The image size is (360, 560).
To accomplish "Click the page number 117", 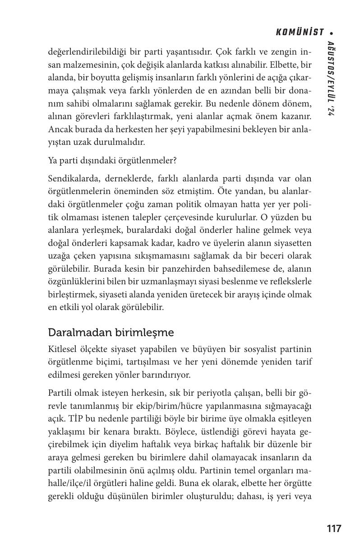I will [334, 528].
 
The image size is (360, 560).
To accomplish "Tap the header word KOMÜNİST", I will [300, 32].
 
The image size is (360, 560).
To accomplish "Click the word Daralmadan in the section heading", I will [74, 333].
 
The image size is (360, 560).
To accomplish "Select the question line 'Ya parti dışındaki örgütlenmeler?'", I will [112, 160].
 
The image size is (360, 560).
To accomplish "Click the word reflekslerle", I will [289, 282].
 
